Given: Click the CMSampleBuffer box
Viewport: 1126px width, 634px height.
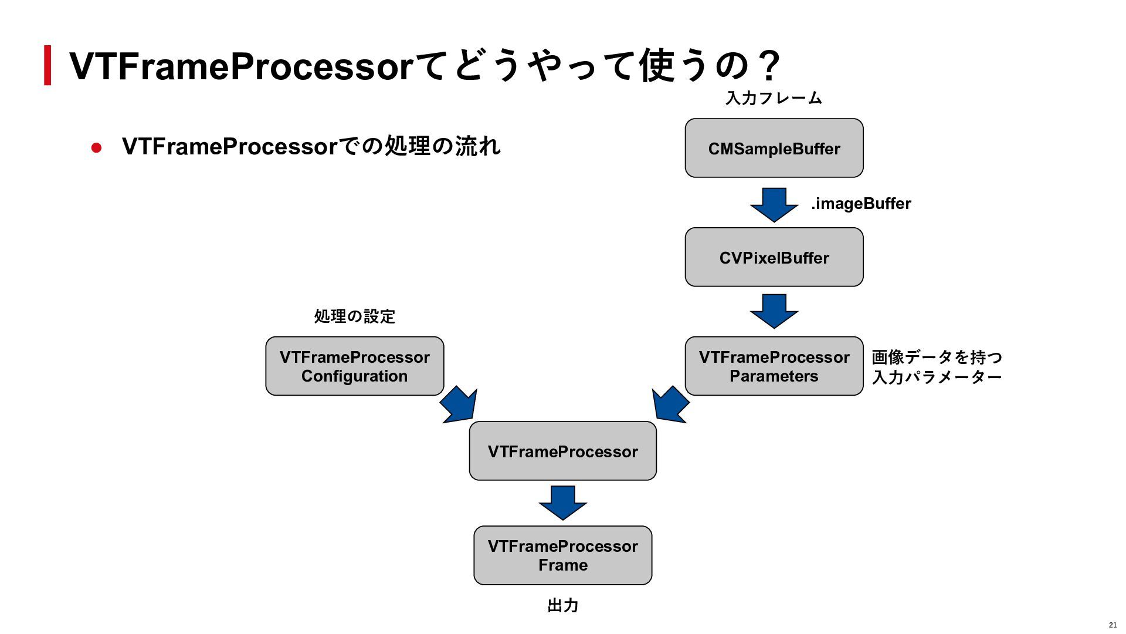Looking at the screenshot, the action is (x=774, y=148).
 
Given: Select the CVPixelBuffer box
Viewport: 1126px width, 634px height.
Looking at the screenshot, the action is (x=774, y=257).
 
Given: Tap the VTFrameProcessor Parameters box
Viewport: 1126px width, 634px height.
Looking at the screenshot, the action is (x=774, y=366).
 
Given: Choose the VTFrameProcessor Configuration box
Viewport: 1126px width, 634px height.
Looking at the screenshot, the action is (x=355, y=366).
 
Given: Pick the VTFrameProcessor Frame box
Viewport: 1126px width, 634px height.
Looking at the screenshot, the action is (x=563, y=555).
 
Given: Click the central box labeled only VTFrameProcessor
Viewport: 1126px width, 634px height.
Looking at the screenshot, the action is (x=563, y=451).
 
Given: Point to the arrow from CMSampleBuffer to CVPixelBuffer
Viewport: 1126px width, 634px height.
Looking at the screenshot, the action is (x=774, y=205).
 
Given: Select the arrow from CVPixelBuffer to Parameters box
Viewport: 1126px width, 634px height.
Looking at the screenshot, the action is (x=774, y=311).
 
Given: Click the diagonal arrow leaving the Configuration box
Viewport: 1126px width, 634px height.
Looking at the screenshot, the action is (x=459, y=404).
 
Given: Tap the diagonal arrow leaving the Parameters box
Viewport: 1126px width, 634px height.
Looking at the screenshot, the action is (x=670, y=404).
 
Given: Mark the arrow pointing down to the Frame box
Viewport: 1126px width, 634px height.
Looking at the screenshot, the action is (x=563, y=503).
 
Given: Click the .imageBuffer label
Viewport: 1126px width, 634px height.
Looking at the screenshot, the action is (x=861, y=204).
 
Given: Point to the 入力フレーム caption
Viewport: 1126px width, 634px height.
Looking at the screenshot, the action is (x=774, y=97).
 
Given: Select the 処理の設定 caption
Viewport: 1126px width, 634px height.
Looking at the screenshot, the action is (x=355, y=316).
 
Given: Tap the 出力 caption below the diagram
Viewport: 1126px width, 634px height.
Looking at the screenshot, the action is (x=563, y=605).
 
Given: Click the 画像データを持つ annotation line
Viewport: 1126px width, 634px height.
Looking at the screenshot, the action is (x=937, y=357).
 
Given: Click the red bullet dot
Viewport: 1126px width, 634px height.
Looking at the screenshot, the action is (x=97, y=147).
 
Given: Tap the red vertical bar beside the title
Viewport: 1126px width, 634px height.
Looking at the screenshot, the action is (x=48, y=65).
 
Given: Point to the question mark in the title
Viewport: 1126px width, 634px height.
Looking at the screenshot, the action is (x=767, y=65).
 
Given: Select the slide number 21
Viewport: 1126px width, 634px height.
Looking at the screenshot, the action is (x=1113, y=625).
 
